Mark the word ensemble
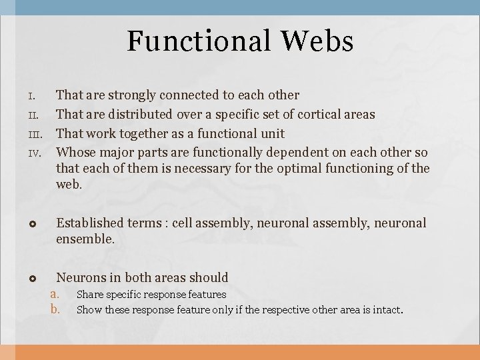(85, 239)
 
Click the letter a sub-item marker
(55, 294)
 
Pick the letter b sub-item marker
(55, 309)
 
